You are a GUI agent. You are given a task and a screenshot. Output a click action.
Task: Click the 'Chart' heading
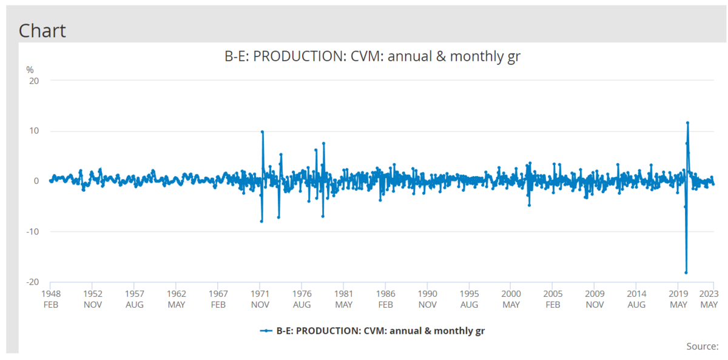tap(42, 30)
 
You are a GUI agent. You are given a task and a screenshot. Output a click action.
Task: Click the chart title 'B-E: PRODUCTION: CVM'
tap(372, 57)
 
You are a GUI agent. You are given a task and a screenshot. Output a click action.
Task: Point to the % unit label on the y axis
tap(30, 70)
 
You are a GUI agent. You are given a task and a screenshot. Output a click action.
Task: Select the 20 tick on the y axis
tap(34, 81)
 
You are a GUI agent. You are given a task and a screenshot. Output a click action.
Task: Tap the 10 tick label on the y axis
tap(34, 131)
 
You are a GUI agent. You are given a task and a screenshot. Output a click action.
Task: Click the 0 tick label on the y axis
tap(36, 181)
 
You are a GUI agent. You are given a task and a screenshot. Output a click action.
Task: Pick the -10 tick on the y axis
tap(33, 231)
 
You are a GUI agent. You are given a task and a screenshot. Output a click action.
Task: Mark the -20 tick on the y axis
tap(33, 282)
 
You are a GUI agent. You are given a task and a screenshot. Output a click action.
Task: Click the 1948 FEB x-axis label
tap(50, 298)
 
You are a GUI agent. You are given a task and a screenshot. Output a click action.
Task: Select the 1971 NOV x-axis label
tap(260, 298)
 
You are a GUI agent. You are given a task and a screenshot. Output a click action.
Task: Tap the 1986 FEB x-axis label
tap(385, 298)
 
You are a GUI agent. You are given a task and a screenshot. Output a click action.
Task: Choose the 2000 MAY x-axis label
tap(511, 298)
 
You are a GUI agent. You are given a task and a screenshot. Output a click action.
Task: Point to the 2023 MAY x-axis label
tap(709, 298)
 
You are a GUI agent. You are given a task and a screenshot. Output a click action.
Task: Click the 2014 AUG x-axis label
tap(636, 298)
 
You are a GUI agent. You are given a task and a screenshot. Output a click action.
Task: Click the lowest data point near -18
tap(686, 273)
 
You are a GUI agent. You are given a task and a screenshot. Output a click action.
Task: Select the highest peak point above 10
tap(687, 123)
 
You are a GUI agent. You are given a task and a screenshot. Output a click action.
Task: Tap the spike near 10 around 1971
tap(262, 132)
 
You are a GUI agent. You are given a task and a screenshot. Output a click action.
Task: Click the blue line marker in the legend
tap(266, 331)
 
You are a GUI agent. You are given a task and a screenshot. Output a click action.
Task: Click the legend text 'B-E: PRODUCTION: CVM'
tap(381, 331)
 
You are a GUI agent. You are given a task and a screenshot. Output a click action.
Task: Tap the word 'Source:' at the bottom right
tap(702, 346)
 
